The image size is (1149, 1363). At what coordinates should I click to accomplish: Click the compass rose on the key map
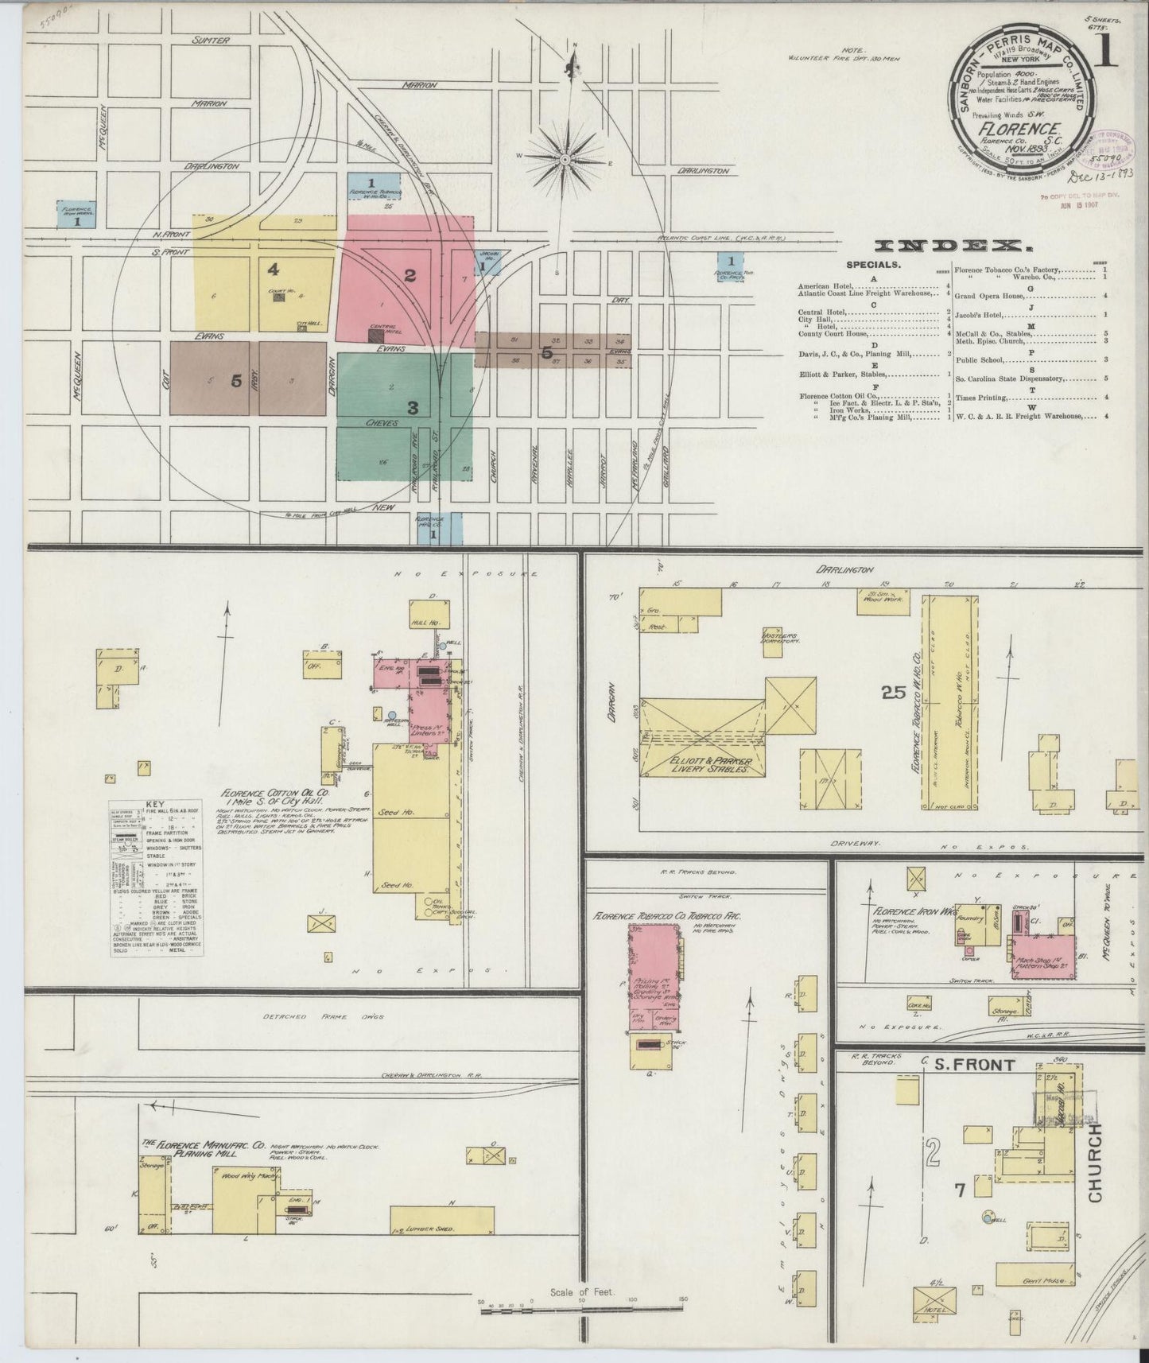click(565, 159)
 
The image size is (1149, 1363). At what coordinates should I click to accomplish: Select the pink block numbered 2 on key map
click(409, 276)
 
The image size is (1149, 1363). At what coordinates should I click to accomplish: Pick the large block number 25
click(894, 693)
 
